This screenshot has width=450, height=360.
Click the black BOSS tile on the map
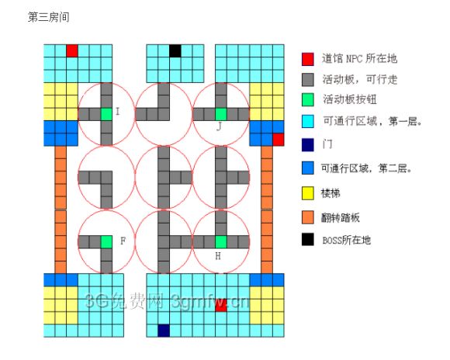(175, 50)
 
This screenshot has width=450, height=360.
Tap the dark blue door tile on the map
(164, 331)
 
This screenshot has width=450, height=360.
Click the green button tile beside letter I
(106, 114)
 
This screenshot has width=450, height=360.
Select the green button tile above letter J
(221, 114)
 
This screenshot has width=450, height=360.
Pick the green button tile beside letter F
(106, 242)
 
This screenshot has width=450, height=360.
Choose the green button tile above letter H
(221, 242)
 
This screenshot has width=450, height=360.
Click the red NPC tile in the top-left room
(72, 50)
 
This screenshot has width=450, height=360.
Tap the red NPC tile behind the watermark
(221, 306)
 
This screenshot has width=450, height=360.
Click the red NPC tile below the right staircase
(278, 140)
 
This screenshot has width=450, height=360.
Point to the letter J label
(219, 126)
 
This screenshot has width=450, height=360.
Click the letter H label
(218, 256)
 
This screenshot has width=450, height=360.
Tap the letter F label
(123, 241)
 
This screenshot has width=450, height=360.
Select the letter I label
(117, 112)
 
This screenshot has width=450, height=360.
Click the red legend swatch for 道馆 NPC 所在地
(308, 59)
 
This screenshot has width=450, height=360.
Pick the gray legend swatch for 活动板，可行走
(308, 79)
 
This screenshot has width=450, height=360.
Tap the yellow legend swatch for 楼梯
(308, 193)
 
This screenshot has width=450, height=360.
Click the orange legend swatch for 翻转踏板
(308, 217)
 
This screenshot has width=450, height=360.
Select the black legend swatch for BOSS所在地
(308, 240)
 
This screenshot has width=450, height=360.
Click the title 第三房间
(49, 17)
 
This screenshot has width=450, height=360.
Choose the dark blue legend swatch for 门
(308, 144)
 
